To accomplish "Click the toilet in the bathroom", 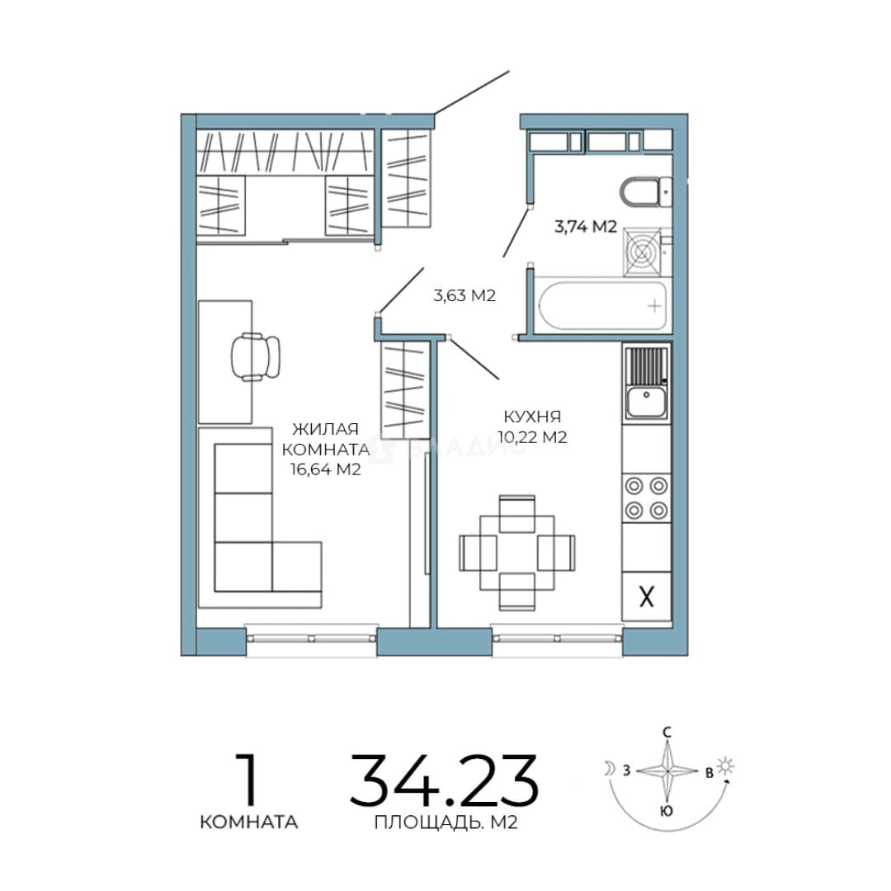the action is coord(645,193).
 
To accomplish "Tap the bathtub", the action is coord(602,306).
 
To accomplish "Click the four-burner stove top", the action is coord(647,497).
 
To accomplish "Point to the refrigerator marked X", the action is coord(647,596).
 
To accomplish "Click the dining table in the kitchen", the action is coord(516,553).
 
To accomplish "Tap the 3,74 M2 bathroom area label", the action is coord(585,228).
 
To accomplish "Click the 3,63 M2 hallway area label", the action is coord(464,295).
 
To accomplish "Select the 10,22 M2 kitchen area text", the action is coord(532,437).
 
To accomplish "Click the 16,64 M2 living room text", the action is coord(326,469).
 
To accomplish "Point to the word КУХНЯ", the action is coord(532,417).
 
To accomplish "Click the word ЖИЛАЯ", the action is coord(326,428).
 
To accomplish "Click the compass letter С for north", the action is coord(667,733).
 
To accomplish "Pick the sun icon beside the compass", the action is coord(726,766).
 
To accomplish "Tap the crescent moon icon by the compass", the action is coord(610,769).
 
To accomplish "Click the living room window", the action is coord(311,639).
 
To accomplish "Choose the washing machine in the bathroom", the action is coord(643,251).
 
